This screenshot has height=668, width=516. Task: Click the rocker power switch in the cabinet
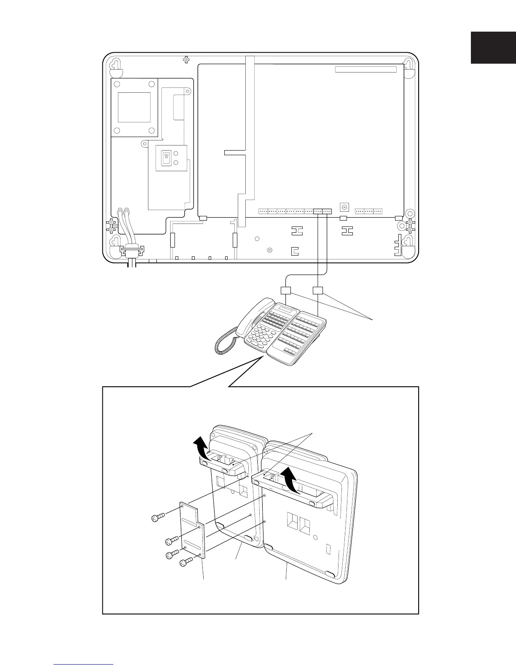pos(166,159)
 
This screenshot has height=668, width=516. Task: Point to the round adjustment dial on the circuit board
pos(344,207)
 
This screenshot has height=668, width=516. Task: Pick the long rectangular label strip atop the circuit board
pos(366,69)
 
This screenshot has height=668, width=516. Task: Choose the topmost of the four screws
pos(157,517)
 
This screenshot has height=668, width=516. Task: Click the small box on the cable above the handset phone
pos(286,291)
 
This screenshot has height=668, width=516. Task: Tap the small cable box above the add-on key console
pos(318,290)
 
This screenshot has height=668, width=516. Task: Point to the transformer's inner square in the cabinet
pos(134,107)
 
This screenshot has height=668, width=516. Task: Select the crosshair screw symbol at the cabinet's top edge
pos(186,60)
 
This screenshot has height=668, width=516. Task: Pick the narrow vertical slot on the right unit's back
pos(329,549)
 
